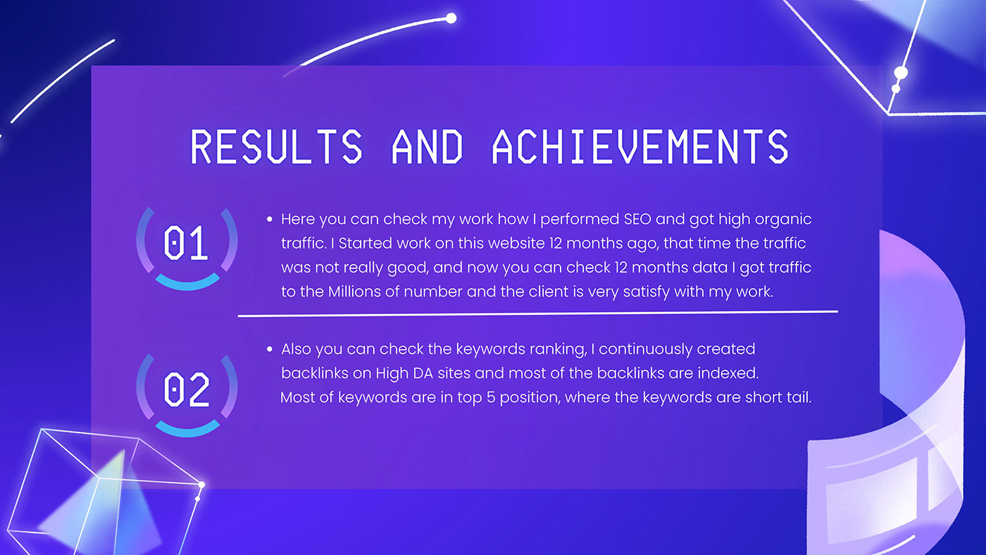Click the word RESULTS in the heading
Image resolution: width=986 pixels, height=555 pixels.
pyautogui.click(x=276, y=146)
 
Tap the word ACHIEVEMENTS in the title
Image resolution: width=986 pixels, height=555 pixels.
pyautogui.click(x=640, y=146)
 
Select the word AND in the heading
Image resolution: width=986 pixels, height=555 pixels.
pyautogui.click(x=427, y=146)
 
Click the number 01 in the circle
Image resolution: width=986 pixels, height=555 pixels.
pyautogui.click(x=185, y=242)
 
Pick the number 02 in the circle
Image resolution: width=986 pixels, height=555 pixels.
pyautogui.click(x=186, y=389)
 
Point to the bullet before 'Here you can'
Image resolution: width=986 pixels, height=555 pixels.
pyautogui.click(x=269, y=219)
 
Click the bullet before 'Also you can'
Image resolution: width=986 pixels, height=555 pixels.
pyautogui.click(x=269, y=349)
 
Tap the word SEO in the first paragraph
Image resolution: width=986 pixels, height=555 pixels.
pyautogui.click(x=637, y=219)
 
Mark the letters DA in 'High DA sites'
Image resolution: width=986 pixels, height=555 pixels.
pyautogui.click(x=423, y=373)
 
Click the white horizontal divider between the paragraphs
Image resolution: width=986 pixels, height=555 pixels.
pyautogui.click(x=538, y=313)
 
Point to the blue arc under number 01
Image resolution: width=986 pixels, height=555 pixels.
pyautogui.click(x=187, y=285)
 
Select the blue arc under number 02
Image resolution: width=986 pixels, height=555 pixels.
pyautogui.click(x=187, y=431)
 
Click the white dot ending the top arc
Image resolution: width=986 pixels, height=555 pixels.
pyautogui.click(x=451, y=18)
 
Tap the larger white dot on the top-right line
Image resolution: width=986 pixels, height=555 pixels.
pyautogui.click(x=901, y=73)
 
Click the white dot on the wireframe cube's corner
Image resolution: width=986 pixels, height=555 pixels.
pyautogui.click(x=201, y=485)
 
